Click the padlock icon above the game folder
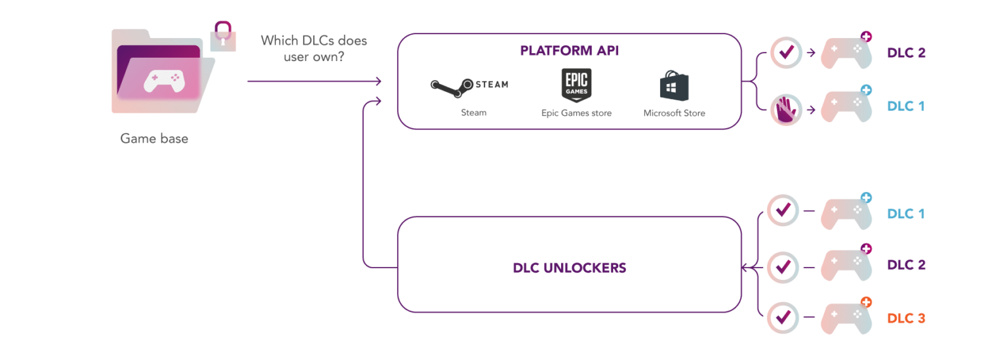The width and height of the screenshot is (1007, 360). tap(224, 35)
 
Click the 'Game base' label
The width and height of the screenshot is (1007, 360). tap(154, 138)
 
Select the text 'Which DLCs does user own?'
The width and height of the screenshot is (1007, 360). tap(314, 49)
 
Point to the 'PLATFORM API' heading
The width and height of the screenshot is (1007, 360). tap(568, 51)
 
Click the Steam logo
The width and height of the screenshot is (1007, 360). tap(469, 85)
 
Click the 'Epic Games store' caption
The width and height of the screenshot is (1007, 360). tap(576, 113)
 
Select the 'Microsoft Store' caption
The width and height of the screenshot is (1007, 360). tap(674, 113)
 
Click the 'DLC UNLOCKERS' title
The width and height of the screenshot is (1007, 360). tap(569, 268)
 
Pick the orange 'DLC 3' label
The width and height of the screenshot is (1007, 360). tap(906, 319)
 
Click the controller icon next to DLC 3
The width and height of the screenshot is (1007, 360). tap(846, 319)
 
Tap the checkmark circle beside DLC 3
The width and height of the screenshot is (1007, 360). tap(783, 317)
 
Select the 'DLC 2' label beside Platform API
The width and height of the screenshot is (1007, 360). tap(906, 53)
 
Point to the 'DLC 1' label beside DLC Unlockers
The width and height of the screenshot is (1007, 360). tap(905, 214)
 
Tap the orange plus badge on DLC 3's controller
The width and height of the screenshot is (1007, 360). tap(866, 302)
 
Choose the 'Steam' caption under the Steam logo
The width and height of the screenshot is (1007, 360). tap(473, 113)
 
